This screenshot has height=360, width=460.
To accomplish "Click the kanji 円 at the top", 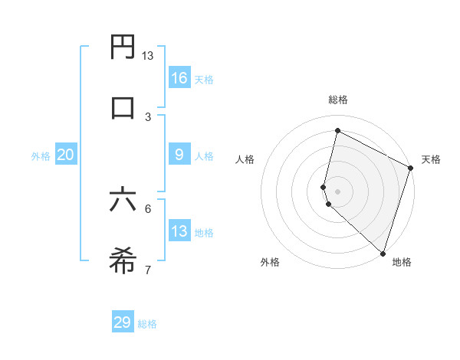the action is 123,47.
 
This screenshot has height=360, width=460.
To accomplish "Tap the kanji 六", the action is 123,201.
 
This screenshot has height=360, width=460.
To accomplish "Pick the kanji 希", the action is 123,260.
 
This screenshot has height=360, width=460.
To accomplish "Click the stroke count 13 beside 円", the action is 148,56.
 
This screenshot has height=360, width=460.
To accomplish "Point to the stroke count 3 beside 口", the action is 148,116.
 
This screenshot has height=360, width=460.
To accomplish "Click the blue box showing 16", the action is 179,77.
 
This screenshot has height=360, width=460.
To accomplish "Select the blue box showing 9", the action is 179,154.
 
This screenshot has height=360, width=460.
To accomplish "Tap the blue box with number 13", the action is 179,231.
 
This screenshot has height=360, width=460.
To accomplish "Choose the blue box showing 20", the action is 65,155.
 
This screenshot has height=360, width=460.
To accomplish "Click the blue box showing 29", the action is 123,322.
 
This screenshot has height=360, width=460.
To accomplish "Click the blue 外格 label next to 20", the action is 41,156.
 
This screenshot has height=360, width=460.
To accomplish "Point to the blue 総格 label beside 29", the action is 147,324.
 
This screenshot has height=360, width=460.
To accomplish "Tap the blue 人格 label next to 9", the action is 204,156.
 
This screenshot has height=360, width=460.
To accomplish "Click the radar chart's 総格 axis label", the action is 337,100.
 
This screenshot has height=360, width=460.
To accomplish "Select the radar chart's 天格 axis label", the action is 431,159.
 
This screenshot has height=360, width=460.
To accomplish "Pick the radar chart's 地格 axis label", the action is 402,262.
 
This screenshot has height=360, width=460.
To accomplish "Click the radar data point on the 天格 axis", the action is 411,168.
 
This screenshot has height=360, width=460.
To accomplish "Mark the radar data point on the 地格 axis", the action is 383,253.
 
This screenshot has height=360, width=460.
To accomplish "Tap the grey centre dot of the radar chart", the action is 337,191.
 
